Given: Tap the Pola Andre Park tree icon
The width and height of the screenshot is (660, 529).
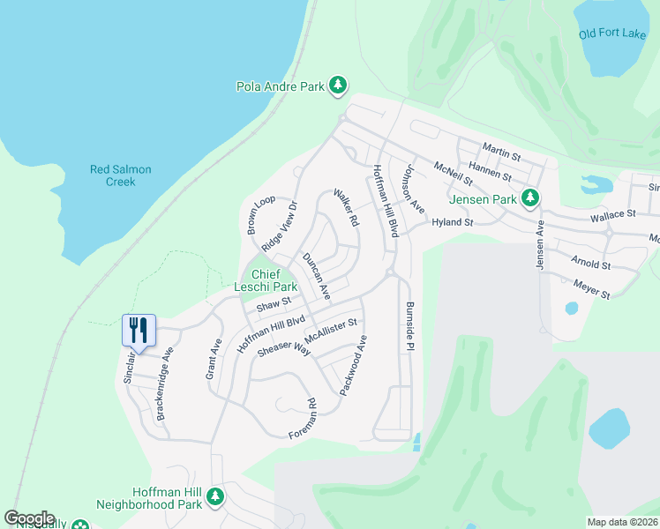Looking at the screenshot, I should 337,86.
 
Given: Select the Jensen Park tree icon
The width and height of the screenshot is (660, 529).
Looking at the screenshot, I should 529,199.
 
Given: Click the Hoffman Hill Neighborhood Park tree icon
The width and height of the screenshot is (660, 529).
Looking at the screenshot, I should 215,497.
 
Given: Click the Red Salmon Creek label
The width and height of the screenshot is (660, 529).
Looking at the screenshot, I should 121,175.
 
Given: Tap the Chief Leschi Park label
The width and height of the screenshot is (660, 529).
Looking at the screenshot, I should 265,280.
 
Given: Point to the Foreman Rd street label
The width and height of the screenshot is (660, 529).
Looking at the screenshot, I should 303,420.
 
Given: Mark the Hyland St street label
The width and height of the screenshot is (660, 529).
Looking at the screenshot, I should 452,224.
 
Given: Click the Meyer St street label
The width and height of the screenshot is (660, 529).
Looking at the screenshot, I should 590,288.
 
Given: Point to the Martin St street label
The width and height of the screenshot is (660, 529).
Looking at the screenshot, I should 501,152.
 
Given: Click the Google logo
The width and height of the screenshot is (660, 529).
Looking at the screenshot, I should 29,518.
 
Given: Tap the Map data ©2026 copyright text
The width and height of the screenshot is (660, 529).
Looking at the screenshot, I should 622,522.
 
